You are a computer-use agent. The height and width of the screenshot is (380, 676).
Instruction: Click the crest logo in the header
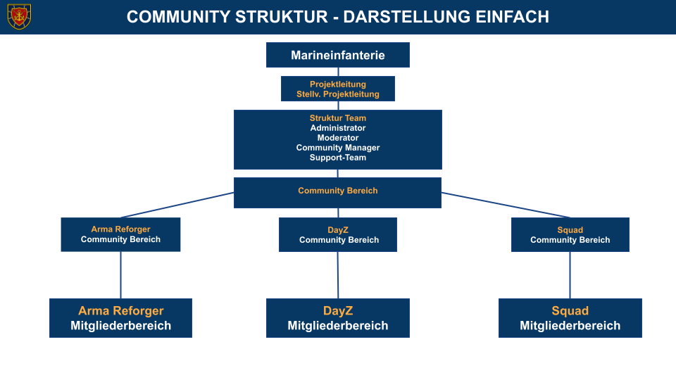(x=19, y=16)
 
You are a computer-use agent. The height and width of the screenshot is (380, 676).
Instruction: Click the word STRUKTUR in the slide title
(x=287, y=17)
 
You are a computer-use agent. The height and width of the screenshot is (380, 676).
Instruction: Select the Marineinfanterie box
(x=338, y=55)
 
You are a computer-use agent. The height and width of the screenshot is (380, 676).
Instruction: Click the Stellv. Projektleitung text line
(x=338, y=94)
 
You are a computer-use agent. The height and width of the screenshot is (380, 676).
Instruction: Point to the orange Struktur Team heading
(x=338, y=118)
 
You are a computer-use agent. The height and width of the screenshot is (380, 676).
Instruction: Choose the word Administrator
(x=338, y=128)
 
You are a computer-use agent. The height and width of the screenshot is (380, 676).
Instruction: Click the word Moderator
(x=338, y=138)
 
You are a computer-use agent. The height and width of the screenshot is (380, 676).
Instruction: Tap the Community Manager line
(x=338, y=148)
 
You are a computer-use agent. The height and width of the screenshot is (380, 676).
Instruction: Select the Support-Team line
(x=338, y=158)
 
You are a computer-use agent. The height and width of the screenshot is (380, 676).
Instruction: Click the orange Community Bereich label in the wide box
(x=338, y=191)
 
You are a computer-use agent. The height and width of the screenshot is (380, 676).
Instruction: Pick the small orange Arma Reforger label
(x=120, y=229)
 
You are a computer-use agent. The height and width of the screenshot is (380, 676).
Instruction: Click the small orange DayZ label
(x=338, y=230)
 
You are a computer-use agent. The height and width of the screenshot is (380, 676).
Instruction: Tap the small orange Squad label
(x=570, y=230)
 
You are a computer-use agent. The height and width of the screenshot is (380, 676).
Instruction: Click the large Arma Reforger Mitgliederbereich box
(x=120, y=318)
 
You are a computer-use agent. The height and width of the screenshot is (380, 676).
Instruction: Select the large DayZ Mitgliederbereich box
(x=338, y=318)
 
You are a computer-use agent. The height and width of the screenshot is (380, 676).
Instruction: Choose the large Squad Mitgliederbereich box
(x=570, y=318)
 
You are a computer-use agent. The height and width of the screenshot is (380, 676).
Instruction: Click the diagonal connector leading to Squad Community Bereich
(x=507, y=205)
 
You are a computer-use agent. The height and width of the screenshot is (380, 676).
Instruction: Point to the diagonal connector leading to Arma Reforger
(x=176, y=205)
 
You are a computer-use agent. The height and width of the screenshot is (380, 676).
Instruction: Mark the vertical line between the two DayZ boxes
(x=338, y=274)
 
